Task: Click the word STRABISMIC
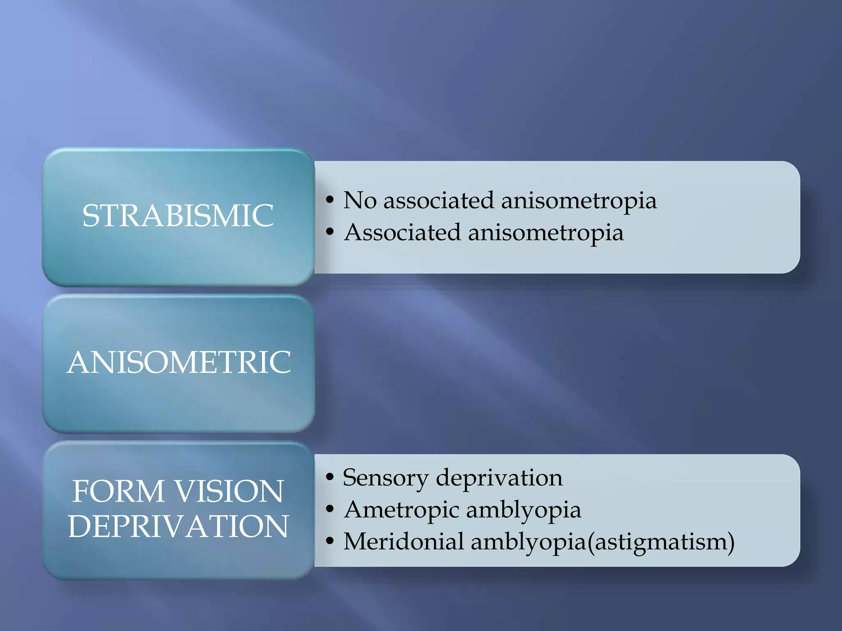coord(178,216)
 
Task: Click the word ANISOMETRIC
coord(179,362)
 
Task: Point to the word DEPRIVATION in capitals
coord(178,526)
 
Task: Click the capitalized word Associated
coord(402,232)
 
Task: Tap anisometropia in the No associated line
coord(578,201)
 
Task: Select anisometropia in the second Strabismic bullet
coord(546,233)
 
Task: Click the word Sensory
coord(386,478)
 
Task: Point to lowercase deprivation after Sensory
coord(499,478)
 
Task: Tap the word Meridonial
coord(403,541)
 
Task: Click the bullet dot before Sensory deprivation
coord(329,477)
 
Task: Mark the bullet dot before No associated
coord(329,200)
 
